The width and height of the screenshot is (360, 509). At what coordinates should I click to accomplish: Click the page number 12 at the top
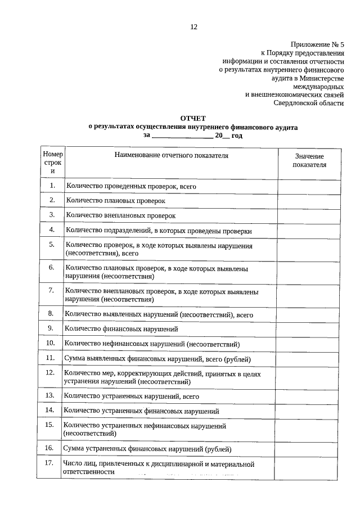pos(193,26)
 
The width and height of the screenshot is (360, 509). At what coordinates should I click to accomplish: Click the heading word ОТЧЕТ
pos(193,119)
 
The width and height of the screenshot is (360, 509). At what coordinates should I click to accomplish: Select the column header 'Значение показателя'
pos(309,160)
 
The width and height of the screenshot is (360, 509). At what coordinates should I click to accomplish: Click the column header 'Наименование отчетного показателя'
pos(172,155)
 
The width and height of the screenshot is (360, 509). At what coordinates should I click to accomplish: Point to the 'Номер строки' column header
pos(53,162)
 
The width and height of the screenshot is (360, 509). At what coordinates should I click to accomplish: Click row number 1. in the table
pos(52,185)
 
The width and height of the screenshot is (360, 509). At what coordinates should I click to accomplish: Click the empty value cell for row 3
pos(309,215)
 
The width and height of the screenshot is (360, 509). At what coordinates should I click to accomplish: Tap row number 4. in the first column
pos(52,230)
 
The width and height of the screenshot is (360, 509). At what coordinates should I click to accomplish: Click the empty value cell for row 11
pos(309,358)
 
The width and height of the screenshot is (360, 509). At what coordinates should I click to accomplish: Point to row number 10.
pos(51,343)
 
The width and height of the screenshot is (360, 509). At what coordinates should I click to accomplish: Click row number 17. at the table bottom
pos(51,463)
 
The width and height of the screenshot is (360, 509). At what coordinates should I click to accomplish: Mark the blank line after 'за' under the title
pos(183,136)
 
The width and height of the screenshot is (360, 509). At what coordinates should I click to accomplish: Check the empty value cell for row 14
pos(309,411)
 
